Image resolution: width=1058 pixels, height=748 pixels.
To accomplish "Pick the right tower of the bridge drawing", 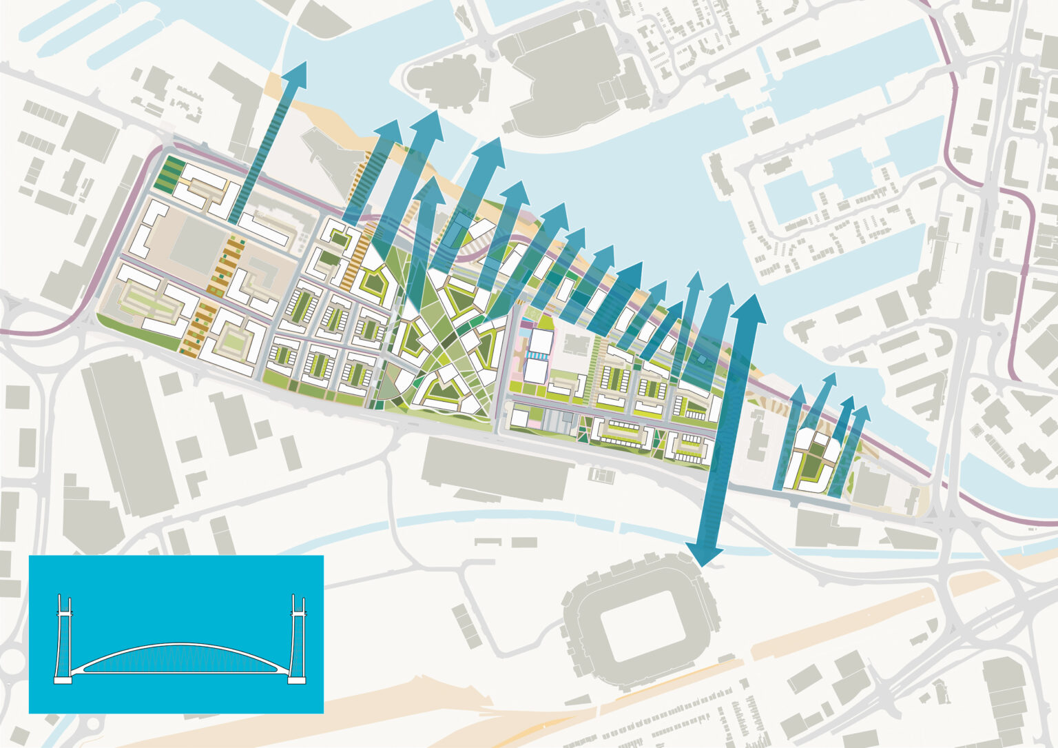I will (x=298, y=638).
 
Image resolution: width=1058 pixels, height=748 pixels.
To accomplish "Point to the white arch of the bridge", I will (x=183, y=646).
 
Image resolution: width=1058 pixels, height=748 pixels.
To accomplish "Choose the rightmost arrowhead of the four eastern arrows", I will (x=861, y=413).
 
